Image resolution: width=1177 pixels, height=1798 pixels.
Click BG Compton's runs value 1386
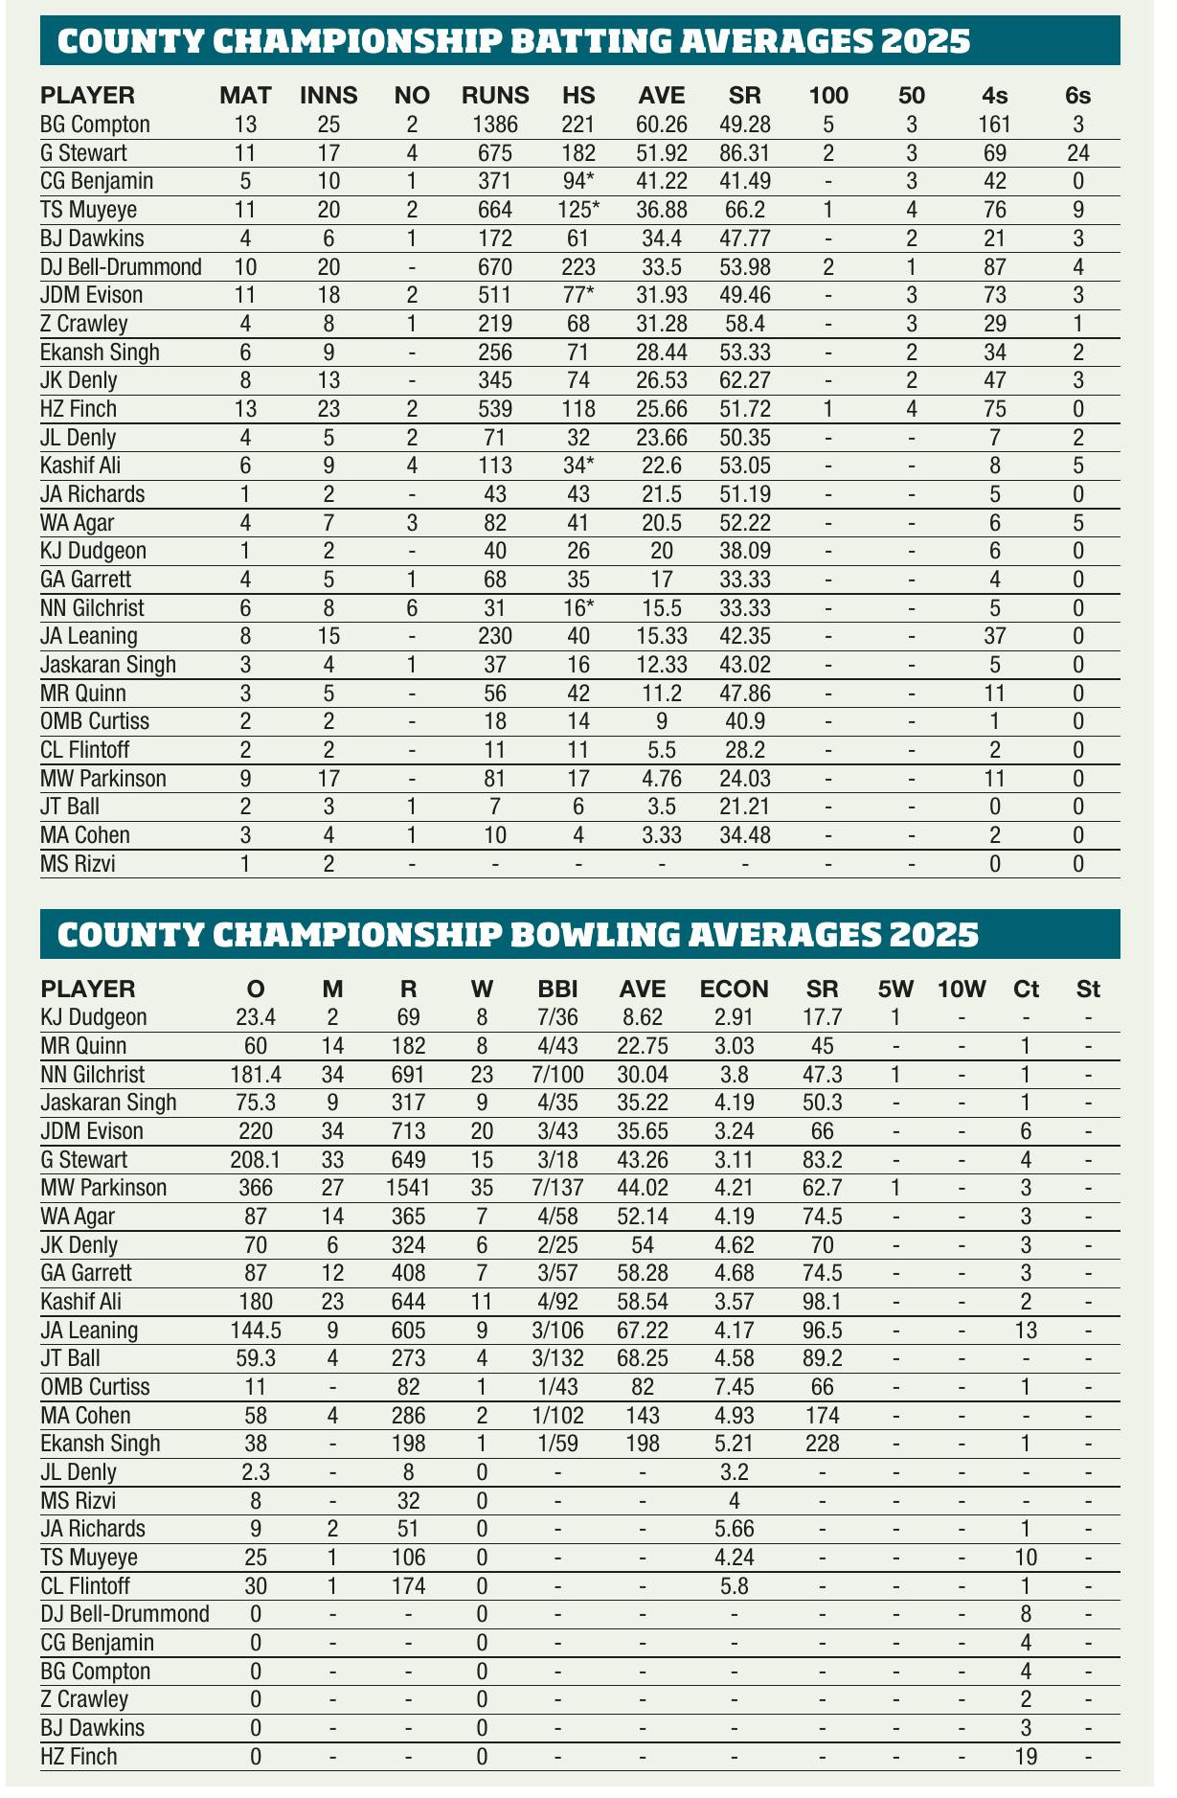495,124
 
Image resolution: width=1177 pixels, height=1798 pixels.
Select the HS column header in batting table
578,95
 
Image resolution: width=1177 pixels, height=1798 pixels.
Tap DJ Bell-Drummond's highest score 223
578,266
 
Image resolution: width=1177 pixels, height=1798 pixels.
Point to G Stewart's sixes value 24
1077,152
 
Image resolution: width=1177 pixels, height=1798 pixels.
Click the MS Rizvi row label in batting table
83,864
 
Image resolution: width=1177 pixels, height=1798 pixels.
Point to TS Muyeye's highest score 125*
578,209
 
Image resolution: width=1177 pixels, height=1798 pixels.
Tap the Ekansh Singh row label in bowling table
101,1444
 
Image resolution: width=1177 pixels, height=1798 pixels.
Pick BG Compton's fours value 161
995,124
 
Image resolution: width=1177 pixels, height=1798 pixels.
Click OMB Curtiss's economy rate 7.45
735,1387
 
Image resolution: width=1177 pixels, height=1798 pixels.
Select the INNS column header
328,95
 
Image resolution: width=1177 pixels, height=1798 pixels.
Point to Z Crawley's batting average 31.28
661,323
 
